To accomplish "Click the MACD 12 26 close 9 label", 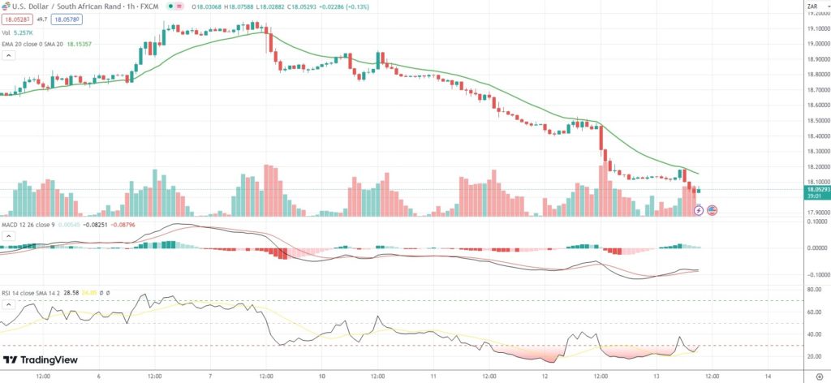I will point(29,235).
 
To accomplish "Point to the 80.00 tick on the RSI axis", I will point(813,289).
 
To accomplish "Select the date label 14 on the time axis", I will point(769,376).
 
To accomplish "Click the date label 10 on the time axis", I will point(321,376).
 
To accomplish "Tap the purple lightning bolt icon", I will point(700,210).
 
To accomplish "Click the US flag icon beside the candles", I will point(713,210).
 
